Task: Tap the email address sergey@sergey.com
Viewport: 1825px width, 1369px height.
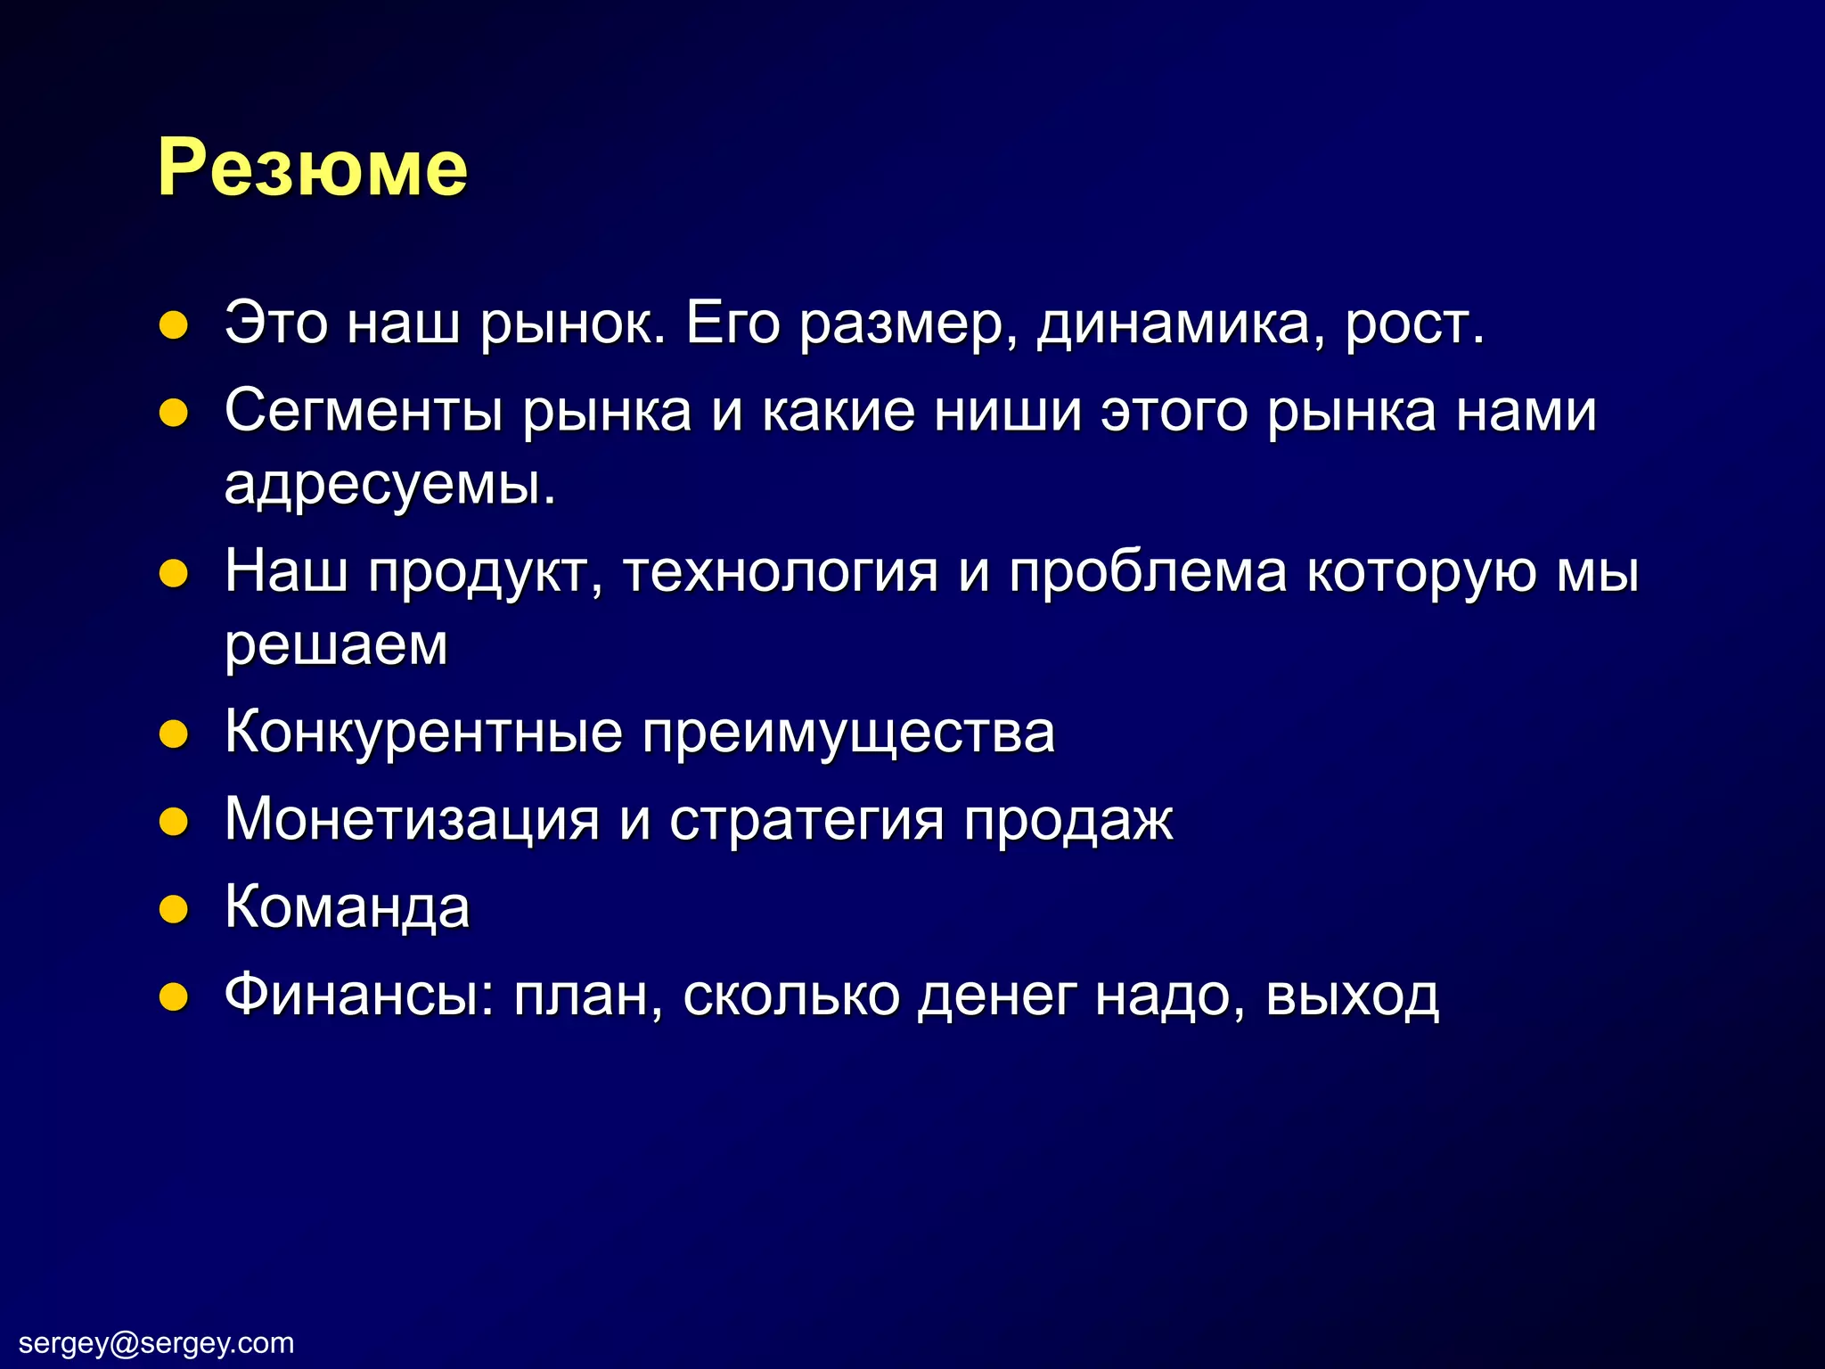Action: click(x=156, y=1342)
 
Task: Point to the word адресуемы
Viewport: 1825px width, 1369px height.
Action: click(x=389, y=486)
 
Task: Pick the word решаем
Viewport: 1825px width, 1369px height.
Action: click(x=336, y=644)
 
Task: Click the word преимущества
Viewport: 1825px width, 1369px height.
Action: click(x=848, y=732)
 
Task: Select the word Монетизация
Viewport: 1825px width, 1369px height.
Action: click(x=412, y=818)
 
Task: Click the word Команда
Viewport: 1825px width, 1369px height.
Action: click(x=348, y=906)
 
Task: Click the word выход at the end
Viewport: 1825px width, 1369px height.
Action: click(x=1351, y=994)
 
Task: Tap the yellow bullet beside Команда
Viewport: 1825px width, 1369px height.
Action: click(x=173, y=909)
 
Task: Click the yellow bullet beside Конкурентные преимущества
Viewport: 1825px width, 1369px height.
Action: click(x=173, y=734)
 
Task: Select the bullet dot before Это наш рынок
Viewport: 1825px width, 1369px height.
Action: click(x=173, y=325)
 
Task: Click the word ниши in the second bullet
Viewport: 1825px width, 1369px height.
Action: click(x=1007, y=411)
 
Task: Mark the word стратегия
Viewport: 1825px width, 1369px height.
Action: click(x=806, y=818)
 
